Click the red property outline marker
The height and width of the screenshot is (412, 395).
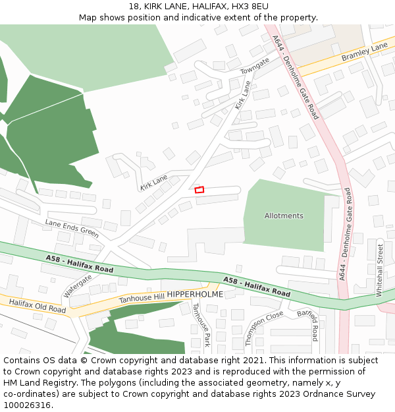(x=199, y=190)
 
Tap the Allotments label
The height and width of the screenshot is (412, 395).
(x=284, y=216)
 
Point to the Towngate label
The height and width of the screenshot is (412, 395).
(x=255, y=66)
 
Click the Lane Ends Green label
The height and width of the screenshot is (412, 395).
(x=72, y=228)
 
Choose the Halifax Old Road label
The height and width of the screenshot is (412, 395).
(x=38, y=305)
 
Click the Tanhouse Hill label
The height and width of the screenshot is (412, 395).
(x=141, y=298)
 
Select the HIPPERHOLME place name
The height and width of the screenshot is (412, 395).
(x=195, y=294)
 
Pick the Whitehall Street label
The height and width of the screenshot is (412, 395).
(x=380, y=270)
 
